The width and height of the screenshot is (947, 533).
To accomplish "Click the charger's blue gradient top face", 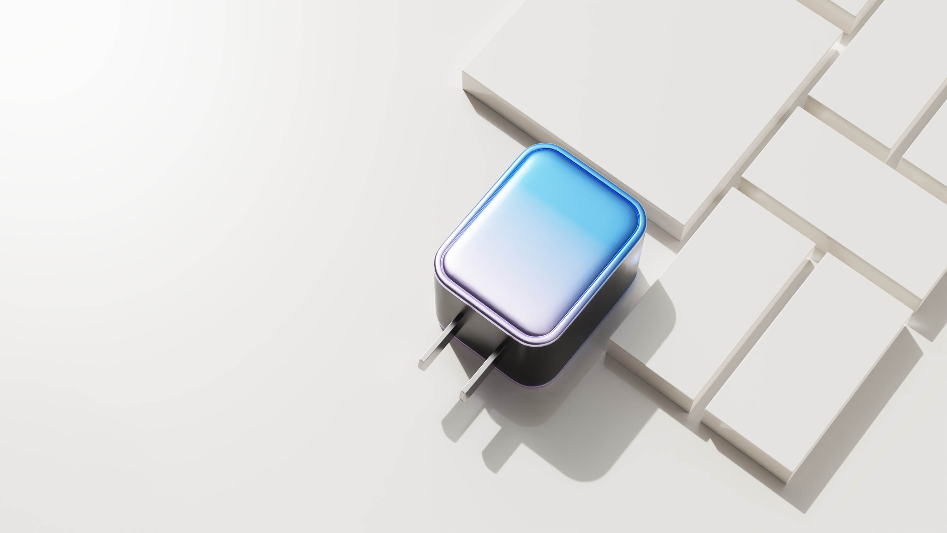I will (540, 243).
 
